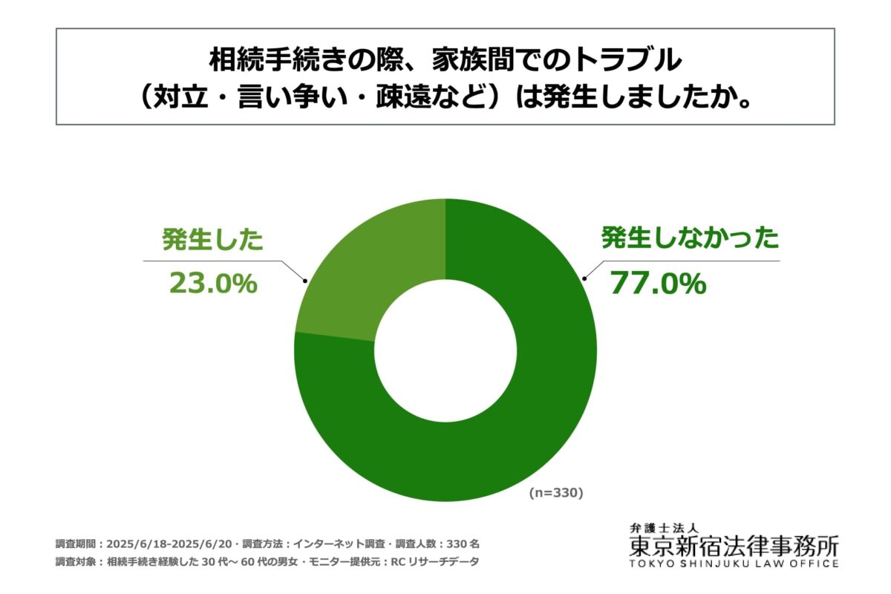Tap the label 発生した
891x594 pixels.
tap(213, 241)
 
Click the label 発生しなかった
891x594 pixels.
tap(690, 239)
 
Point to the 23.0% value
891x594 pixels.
tap(213, 283)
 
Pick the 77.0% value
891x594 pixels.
tap(658, 284)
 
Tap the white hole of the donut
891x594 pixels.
tap(446, 349)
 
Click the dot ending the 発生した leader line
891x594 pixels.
tap(304, 280)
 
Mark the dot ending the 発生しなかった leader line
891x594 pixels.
tap(584, 279)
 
